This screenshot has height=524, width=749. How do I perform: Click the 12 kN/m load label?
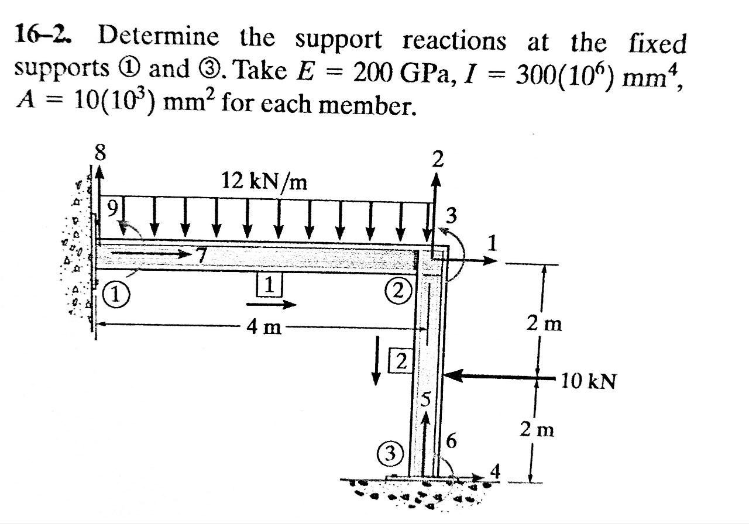(264, 182)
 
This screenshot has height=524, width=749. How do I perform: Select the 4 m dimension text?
(263, 328)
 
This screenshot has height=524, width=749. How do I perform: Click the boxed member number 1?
(269, 285)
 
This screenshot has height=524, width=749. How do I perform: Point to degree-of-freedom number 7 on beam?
(202, 256)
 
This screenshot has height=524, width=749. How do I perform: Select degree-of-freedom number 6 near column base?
(450, 442)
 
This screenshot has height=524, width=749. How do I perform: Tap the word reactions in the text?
(453, 41)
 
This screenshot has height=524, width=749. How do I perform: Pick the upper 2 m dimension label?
(544, 323)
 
